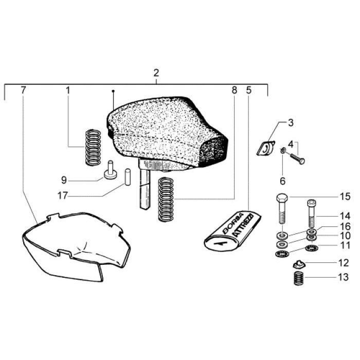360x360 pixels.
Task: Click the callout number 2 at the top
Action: point(156,73)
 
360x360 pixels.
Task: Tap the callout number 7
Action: point(23,90)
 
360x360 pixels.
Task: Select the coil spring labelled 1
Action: point(93,148)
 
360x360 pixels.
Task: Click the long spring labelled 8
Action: point(166,200)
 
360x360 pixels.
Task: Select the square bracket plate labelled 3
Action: point(266,148)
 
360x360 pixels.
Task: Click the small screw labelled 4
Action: point(297,158)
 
